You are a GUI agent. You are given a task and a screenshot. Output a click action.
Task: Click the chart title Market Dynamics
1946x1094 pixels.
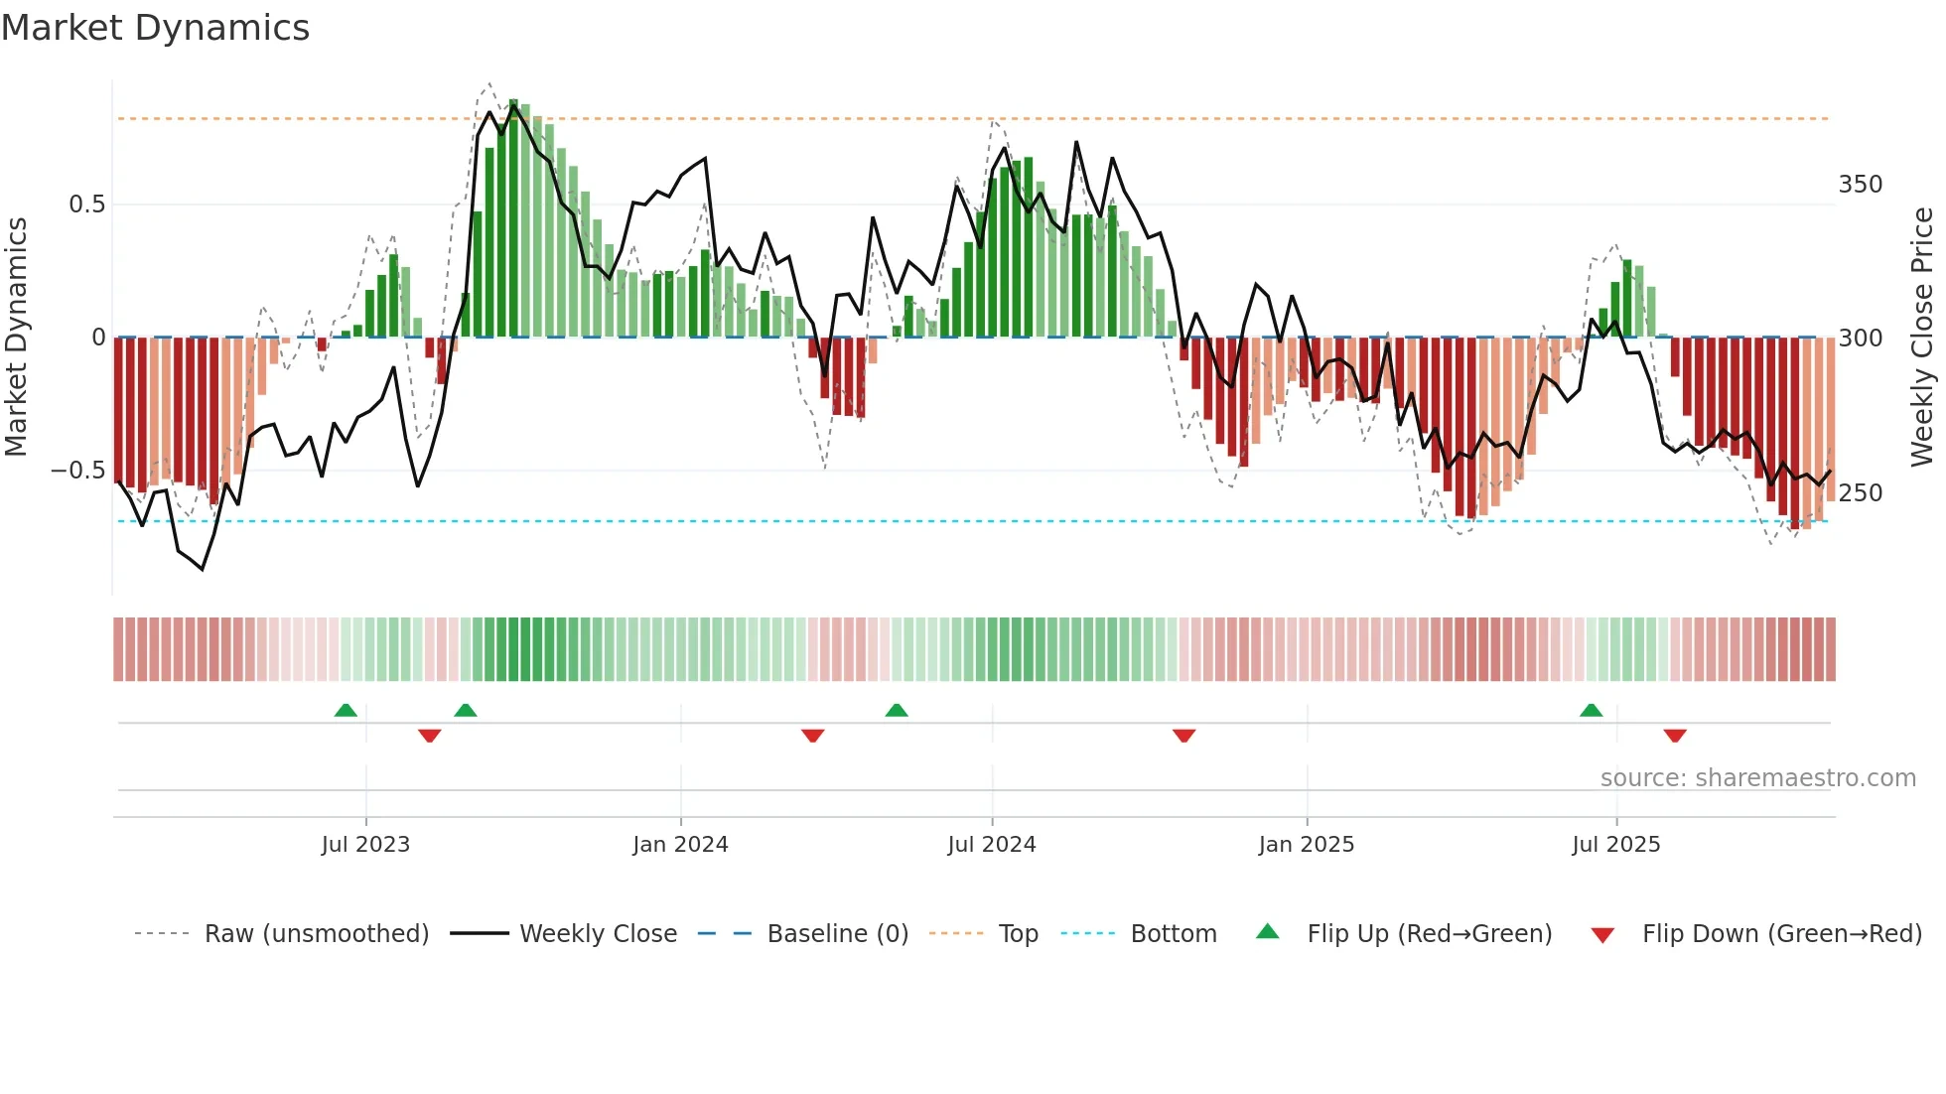pos(155,28)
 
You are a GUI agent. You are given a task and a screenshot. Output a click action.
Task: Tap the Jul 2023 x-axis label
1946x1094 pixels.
pos(365,845)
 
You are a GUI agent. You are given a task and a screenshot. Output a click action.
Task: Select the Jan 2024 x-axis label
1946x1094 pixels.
pos(680,845)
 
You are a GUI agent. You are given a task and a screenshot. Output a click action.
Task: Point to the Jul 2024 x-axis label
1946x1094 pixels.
pos(991,845)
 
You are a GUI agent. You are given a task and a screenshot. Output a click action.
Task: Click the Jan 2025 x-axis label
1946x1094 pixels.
pos(1306,845)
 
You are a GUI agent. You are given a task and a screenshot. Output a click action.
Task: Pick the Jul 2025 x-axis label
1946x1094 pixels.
pos(1615,845)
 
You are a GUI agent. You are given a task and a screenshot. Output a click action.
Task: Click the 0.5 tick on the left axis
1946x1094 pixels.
pos(86,205)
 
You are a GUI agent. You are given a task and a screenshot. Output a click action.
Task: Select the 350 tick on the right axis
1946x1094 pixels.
pos(1860,185)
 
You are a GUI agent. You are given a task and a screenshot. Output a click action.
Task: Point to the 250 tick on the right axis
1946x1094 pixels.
pos(1860,493)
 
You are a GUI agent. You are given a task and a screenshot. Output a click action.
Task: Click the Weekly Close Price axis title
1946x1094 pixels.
pos(1922,338)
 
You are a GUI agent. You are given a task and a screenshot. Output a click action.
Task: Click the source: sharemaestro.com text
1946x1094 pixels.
pos(1757,778)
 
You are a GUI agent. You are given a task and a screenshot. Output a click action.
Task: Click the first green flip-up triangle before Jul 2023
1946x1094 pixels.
pos(346,711)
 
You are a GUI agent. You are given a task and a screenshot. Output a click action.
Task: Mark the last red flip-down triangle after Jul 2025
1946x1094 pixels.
pos(1675,736)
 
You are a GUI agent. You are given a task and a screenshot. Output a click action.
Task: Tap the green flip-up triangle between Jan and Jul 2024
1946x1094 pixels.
pos(897,711)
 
